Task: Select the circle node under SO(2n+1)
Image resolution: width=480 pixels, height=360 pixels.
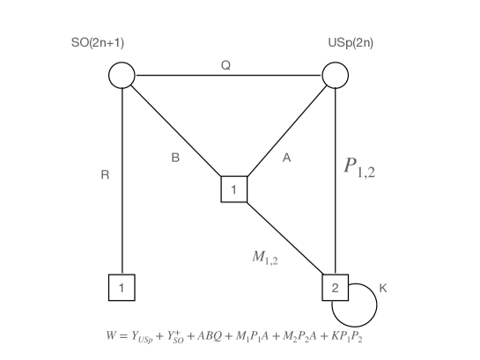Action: [122, 76]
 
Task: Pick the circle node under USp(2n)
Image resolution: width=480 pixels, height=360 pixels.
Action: [336, 76]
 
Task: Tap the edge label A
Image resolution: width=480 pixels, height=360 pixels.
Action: [286, 158]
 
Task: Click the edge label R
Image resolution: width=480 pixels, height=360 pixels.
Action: [106, 175]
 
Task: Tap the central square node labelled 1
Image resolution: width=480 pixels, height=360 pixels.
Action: [233, 188]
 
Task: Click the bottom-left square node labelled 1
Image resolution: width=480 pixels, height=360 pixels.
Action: [122, 286]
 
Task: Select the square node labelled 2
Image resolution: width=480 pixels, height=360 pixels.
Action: [336, 286]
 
